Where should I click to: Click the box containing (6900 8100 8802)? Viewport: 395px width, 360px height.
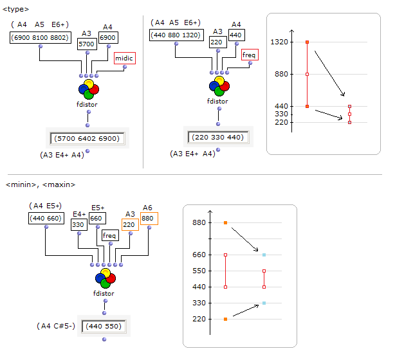click(x=39, y=38)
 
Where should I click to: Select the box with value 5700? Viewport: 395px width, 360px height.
click(x=87, y=44)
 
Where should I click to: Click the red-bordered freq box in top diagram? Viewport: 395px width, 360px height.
click(x=249, y=55)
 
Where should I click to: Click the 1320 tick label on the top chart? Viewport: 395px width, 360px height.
click(x=280, y=42)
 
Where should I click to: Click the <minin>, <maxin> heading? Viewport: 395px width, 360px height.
click(x=41, y=184)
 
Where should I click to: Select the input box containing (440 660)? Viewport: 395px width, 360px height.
click(x=46, y=218)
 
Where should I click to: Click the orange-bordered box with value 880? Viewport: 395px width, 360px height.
click(x=148, y=217)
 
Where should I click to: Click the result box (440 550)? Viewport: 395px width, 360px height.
click(x=104, y=326)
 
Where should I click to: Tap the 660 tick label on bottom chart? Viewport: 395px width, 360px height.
click(x=199, y=255)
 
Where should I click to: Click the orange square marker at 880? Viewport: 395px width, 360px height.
click(x=225, y=222)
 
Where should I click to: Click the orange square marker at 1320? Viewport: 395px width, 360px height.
click(x=308, y=42)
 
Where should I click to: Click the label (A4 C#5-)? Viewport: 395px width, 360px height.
click(x=56, y=326)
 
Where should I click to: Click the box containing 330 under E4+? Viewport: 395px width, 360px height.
click(x=78, y=225)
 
